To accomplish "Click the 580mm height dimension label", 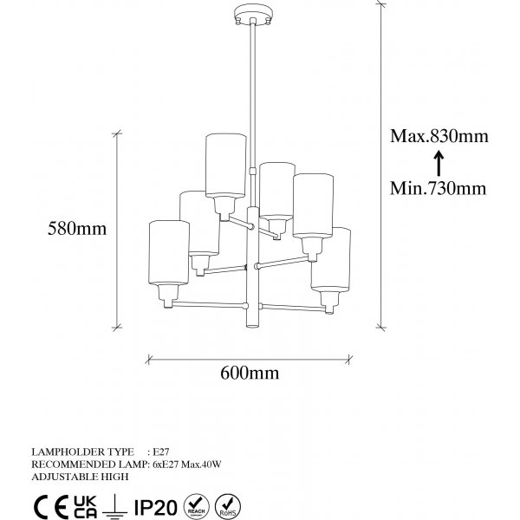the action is click(77, 229).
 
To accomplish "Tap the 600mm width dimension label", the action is click(250, 373).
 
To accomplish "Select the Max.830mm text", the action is click(439, 136).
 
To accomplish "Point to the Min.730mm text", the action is click(438, 188).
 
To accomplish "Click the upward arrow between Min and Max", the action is click(439, 163).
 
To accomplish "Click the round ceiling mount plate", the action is click(253, 14).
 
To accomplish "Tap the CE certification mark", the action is click(51, 506).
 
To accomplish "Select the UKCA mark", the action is click(85, 506).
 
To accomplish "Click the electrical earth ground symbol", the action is click(114, 506).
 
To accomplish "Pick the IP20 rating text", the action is click(156, 507).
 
